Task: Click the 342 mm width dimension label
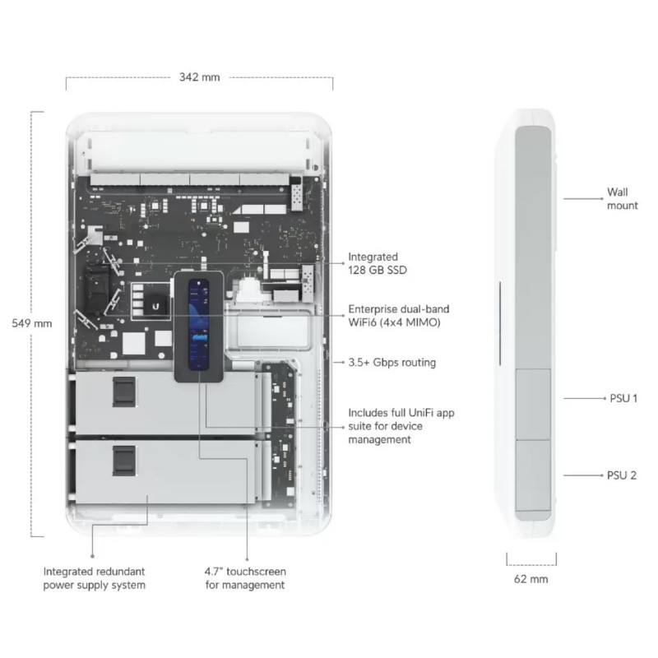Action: click(x=199, y=77)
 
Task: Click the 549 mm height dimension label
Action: click(x=32, y=323)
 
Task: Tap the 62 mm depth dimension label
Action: click(x=531, y=579)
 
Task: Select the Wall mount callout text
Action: click(x=622, y=199)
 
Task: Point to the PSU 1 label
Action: click(x=623, y=398)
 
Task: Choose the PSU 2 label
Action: click(x=622, y=475)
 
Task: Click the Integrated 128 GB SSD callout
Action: click(x=378, y=263)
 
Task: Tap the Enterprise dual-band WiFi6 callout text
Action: click(x=399, y=316)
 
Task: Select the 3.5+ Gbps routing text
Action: click(x=392, y=362)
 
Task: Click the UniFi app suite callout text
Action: click(x=401, y=426)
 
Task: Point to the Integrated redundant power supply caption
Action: click(x=95, y=578)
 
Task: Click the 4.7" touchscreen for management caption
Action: click(x=245, y=578)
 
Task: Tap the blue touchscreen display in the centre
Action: click(x=198, y=325)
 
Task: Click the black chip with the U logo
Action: click(x=155, y=305)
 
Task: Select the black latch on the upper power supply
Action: click(x=124, y=392)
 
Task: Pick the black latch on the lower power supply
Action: click(x=124, y=461)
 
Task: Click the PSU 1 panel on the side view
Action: click(x=533, y=405)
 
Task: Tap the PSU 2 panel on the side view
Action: click(x=533, y=475)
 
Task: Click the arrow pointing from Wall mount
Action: click(x=583, y=199)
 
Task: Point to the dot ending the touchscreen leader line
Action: click(x=248, y=559)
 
